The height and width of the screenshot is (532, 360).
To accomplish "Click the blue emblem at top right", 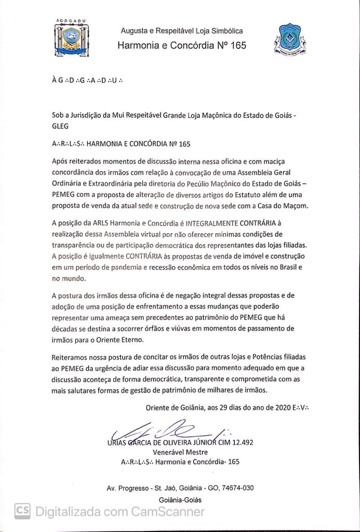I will coord(288,39).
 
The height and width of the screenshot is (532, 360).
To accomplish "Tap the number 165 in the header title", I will coord(237,45).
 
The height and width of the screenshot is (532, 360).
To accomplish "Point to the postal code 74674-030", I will coord(236,488).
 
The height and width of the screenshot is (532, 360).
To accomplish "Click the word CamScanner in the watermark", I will coord(168,512).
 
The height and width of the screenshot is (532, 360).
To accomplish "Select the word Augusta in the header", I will coord(136,31).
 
